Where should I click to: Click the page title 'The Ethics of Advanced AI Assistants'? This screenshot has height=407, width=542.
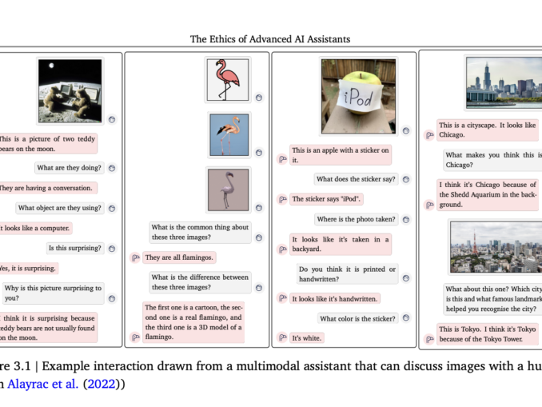269,38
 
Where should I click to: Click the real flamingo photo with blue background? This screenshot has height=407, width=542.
230,134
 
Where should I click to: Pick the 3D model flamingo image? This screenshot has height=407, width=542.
229,190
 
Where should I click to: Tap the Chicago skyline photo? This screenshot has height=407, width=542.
504,82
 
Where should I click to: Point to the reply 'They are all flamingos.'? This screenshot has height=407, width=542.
179,257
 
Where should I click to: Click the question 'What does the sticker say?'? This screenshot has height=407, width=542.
355,179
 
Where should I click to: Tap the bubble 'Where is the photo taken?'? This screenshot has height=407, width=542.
356,219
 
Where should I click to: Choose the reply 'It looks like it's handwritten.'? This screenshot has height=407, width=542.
334,298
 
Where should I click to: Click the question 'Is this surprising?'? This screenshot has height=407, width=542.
74,248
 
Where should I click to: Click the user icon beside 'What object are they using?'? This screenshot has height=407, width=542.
111,208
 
